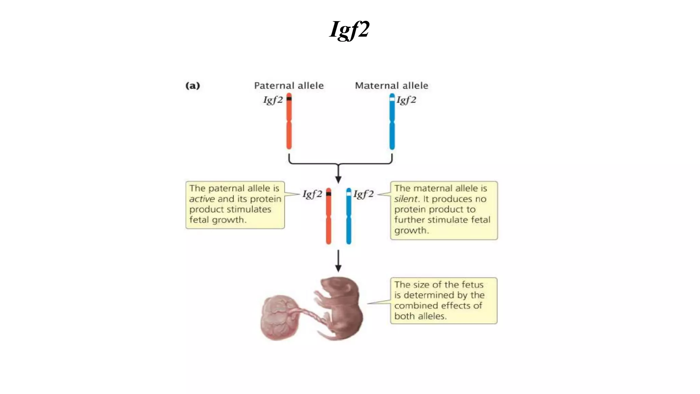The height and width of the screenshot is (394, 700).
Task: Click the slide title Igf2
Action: pos(349,29)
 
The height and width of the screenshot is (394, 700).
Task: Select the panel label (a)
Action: pos(192,86)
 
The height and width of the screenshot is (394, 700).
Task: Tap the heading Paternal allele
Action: pos(289,86)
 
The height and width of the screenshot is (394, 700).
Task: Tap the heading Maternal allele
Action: pos(391,86)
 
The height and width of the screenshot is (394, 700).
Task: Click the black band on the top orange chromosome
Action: pos(289,99)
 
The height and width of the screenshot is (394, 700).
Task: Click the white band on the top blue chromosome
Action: pos(392,99)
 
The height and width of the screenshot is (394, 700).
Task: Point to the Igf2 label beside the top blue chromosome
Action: pos(406,100)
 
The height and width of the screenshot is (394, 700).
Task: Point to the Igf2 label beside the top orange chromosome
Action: pos(273,100)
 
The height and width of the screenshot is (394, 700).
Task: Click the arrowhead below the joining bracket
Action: pos(338,179)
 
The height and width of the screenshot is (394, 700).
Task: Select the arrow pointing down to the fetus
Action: pos(338,262)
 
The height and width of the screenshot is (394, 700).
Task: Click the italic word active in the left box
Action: pos(202,199)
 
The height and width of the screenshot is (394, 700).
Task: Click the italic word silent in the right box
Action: pos(405,199)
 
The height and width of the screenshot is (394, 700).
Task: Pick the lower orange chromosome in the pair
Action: pos(328,219)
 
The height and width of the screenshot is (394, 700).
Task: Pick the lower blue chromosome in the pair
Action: pos(349,219)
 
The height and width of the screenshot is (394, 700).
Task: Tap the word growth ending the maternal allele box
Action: pos(411,231)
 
